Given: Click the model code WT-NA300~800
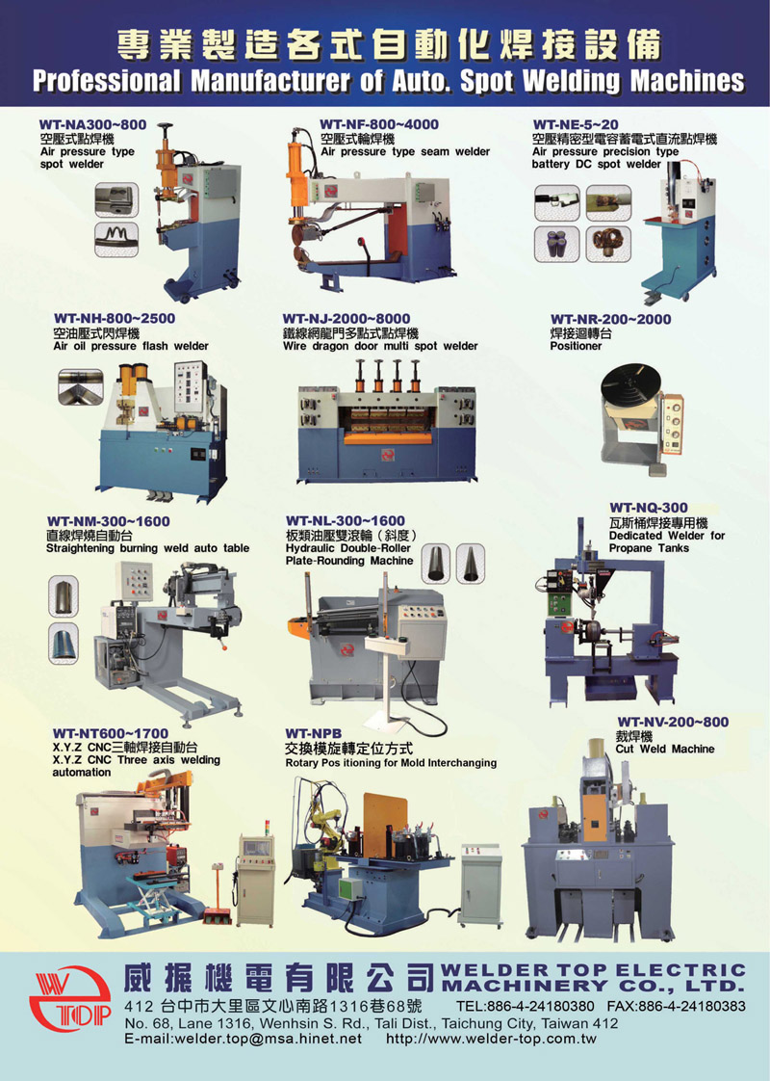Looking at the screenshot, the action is point(93,125).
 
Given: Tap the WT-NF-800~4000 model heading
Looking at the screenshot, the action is point(379,124).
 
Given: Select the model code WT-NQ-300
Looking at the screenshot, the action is point(649,508).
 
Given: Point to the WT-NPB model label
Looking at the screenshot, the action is point(314,733).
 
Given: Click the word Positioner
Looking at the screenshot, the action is point(576,346).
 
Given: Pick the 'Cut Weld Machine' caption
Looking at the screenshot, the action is point(665,749).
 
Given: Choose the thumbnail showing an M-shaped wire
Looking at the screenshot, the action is point(116,239).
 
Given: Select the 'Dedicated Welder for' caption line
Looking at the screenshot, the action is point(667,536).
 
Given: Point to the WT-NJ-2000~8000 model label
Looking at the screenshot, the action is point(346,319).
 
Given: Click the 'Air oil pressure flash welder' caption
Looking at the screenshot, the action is point(131,346).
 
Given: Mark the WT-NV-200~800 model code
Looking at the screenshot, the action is point(672,722).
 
